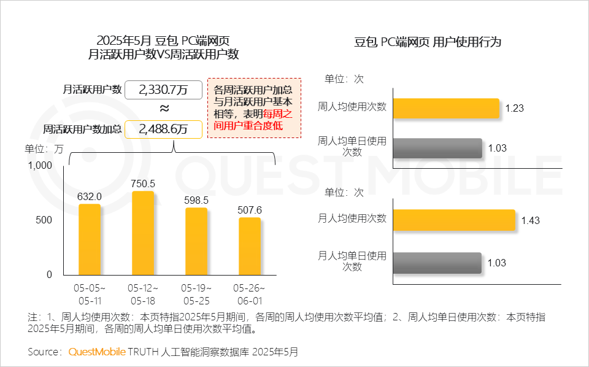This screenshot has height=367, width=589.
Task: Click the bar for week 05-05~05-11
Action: click(90, 239)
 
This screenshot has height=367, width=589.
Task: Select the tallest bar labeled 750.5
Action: click(143, 233)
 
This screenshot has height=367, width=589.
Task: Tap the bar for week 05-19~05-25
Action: click(196, 241)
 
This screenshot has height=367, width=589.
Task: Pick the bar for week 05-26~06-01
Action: click(250, 246)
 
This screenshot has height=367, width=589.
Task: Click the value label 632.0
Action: click(90, 196)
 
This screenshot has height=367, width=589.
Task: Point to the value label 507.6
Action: click(250, 211)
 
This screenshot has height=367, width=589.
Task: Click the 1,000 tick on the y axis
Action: click(40, 165)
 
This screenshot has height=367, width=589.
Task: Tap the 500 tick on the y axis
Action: click(45, 220)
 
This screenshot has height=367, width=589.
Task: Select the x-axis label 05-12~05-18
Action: click(143, 295)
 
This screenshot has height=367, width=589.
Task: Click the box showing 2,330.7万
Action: click(163, 90)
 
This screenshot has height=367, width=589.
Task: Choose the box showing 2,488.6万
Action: click(163, 129)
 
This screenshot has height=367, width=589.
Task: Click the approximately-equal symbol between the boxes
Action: click(164, 109)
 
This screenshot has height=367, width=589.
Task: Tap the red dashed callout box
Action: click(254, 107)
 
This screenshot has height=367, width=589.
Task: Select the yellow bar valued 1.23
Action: click(446, 108)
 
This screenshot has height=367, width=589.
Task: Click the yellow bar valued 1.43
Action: click(453, 220)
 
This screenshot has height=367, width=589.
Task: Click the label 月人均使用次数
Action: click(352, 218)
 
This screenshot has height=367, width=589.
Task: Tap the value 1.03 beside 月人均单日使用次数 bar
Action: click(496, 263)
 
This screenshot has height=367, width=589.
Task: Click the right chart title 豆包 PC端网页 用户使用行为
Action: click(428, 42)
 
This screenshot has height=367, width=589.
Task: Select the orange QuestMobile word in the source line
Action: click(96, 352)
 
